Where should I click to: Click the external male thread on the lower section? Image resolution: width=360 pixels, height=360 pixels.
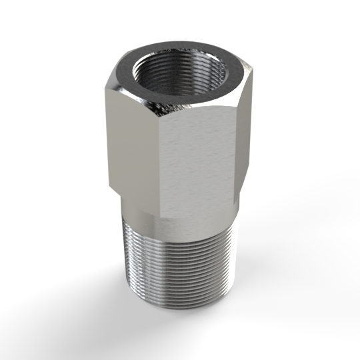pos(180,267)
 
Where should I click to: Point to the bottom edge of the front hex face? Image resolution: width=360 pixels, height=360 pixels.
pos(200,218)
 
